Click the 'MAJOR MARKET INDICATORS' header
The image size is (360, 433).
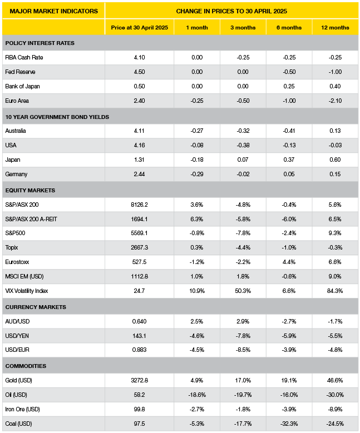[53, 11]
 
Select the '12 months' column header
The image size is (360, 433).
[335, 28]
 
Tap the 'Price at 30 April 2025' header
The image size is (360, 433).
[139, 28]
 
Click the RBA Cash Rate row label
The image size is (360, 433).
[24, 57]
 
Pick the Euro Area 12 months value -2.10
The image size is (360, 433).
[335, 101]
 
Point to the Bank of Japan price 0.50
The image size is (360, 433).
[139, 87]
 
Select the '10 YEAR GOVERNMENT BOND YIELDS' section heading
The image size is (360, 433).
[57, 117]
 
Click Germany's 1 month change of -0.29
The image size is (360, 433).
[197, 174]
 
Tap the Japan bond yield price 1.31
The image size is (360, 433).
[139, 160]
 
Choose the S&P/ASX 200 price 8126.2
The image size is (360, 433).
[139, 205]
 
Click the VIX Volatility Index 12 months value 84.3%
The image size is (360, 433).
[335, 291]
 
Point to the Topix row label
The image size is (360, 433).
[12, 248]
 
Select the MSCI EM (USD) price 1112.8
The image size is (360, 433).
[139, 277]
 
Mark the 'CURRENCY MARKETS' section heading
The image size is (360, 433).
[36, 307]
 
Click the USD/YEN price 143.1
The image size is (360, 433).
[139, 336]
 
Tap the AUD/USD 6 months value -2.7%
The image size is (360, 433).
[289, 322]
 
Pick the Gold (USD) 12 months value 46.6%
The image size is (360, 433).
[335, 381]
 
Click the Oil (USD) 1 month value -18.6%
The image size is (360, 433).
[197, 395]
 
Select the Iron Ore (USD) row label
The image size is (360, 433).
[22, 410]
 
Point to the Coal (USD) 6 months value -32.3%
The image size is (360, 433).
[289, 424]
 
